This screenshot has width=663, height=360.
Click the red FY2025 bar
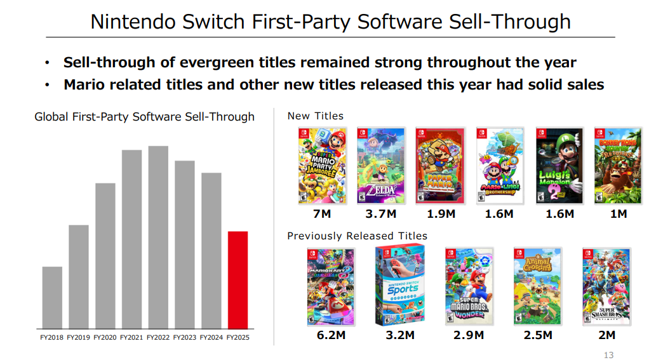tap(238, 279)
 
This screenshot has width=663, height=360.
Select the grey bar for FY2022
tap(158, 237)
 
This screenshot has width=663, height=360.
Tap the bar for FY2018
tap(52, 297)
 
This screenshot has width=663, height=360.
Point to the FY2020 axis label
tap(105, 338)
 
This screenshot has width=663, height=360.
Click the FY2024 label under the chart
tap(211, 338)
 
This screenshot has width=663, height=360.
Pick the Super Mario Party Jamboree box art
tap(323, 165)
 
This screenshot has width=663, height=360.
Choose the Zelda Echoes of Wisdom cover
tap(381, 165)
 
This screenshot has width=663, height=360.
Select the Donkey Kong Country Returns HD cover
tap(618, 165)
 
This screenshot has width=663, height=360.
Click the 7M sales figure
tap(322, 214)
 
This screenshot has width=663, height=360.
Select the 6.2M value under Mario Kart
tap(331, 335)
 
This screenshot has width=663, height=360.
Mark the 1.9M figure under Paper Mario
tap(441, 214)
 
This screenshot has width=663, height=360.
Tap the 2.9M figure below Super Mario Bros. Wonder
tap(469, 335)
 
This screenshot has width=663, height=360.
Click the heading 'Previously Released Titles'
tap(357, 236)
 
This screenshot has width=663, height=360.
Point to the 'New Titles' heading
tap(315, 116)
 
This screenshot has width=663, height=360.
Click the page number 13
tap(608, 355)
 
